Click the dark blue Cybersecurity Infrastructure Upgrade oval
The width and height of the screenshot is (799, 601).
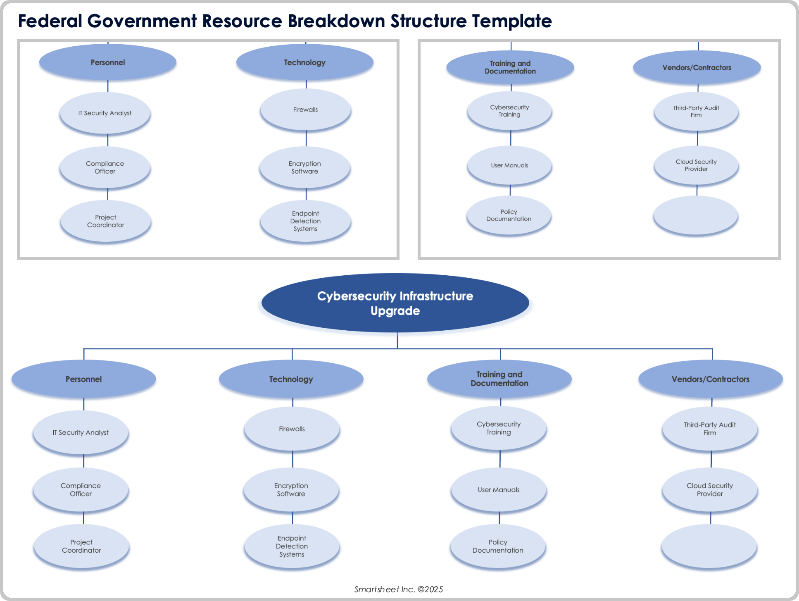[395, 303]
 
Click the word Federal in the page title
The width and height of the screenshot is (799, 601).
[50, 21]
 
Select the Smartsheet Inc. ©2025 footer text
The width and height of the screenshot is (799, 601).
[398, 589]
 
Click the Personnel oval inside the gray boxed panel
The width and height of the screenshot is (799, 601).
[107, 62]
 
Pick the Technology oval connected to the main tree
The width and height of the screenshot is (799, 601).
[291, 379]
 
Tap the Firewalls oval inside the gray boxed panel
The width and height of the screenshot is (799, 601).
[305, 110]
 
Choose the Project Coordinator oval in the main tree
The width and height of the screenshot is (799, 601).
[81, 546]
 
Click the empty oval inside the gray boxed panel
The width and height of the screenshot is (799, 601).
[696, 215]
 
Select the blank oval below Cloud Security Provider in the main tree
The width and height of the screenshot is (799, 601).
[709, 546]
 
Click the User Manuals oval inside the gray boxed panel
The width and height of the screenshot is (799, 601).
[509, 165]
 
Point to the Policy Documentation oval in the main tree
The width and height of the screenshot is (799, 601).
[498, 546]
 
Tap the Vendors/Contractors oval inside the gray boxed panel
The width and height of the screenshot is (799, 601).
[697, 67]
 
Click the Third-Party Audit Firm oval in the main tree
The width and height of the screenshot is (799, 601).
[709, 429]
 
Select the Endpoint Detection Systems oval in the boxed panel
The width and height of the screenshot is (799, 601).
[305, 221]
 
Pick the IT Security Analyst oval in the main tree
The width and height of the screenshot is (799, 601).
[81, 432]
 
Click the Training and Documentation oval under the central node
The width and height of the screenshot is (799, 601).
[499, 379]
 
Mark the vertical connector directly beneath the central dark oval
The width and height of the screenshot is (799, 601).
[397, 341]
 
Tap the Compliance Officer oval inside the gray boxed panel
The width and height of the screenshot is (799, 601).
[105, 167]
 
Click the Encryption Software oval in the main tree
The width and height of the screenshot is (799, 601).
[291, 490]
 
